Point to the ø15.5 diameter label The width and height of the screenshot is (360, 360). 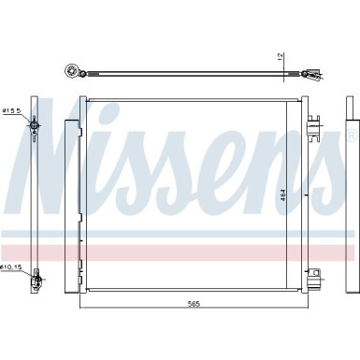[x=11, y=111]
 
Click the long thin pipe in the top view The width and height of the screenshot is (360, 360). [x=187, y=72]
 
